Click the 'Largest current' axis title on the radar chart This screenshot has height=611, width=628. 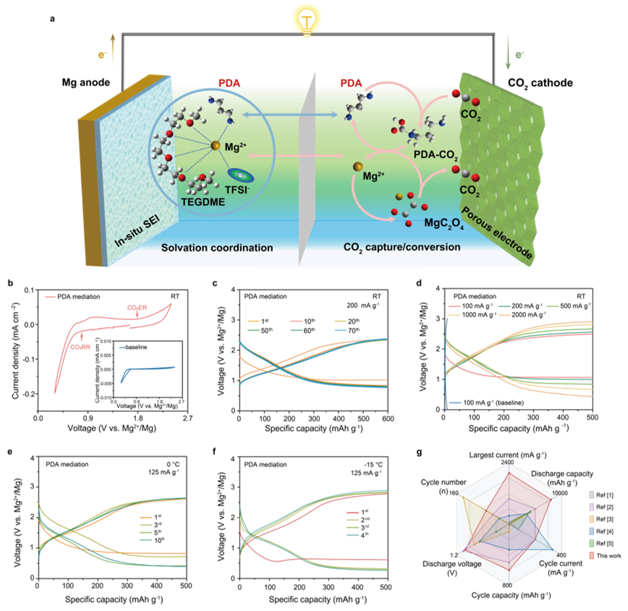pos(509,455)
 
